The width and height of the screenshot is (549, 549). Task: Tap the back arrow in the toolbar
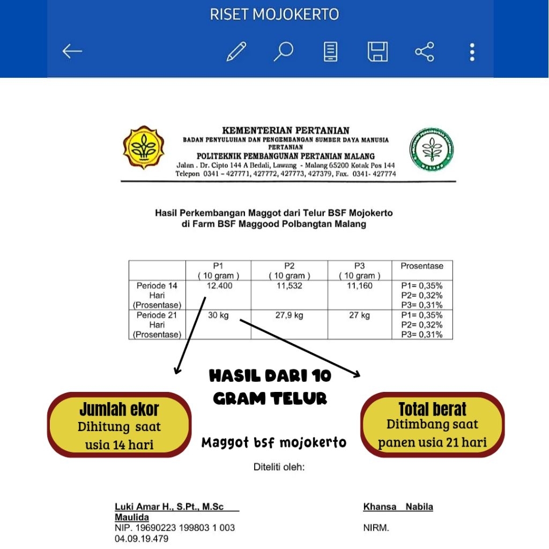click(x=72, y=51)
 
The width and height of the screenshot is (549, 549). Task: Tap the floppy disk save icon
click(x=377, y=51)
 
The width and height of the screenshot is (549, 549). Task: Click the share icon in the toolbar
click(x=425, y=51)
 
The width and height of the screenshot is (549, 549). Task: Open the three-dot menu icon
click(x=472, y=51)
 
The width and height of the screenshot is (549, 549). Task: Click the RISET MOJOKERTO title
click(x=274, y=14)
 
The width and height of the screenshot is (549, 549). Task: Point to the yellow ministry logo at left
click(x=144, y=148)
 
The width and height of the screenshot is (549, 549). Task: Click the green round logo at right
click(x=432, y=149)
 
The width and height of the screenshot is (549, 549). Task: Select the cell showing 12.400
click(x=219, y=286)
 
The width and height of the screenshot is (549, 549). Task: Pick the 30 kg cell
click(x=218, y=315)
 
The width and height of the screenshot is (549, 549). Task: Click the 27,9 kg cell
click(x=289, y=315)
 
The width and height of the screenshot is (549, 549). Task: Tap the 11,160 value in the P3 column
click(x=359, y=286)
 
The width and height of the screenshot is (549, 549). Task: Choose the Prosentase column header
click(x=422, y=266)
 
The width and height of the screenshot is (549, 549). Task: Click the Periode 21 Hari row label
click(x=157, y=325)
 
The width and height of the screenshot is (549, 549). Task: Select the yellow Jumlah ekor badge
click(x=119, y=425)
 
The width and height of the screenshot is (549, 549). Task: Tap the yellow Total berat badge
click(x=432, y=424)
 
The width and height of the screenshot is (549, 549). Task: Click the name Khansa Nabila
click(x=398, y=507)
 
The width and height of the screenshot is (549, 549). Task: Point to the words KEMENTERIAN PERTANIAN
click(x=285, y=130)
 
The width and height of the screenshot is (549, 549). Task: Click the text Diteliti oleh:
click(x=279, y=467)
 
